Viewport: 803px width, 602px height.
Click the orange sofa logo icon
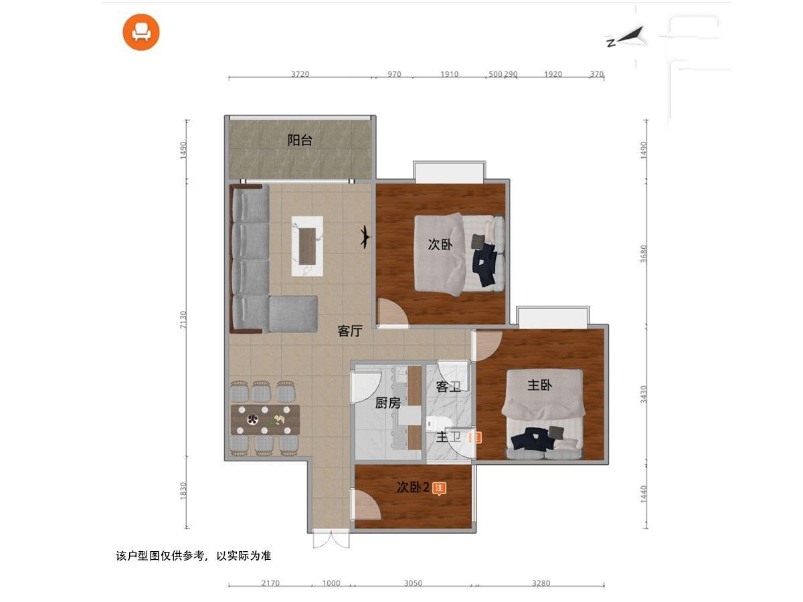coord(141,32)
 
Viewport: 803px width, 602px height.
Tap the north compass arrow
coord(627,37)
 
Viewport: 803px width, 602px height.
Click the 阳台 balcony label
coord(300,140)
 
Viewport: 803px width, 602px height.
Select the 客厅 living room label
coord(350,331)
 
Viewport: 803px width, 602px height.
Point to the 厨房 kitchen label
coord(387,403)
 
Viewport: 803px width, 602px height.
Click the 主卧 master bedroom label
coord(539,385)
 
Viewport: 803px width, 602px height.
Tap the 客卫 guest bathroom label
coord(448,387)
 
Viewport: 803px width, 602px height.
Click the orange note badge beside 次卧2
coord(439,488)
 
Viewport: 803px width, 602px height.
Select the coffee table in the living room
coord(307,246)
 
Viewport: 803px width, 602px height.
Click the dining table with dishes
coord(265,419)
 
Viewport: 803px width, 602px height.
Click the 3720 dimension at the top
coord(300,74)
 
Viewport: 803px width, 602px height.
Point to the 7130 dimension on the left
coord(183,320)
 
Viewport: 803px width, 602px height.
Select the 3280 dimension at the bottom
coord(541,583)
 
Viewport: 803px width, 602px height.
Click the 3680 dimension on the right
coord(644,254)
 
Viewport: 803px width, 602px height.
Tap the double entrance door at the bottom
coord(331,540)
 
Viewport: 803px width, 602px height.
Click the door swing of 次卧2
coord(366,505)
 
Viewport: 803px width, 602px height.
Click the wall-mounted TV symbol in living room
coord(365,237)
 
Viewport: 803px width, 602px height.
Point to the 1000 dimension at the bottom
coord(331,583)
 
